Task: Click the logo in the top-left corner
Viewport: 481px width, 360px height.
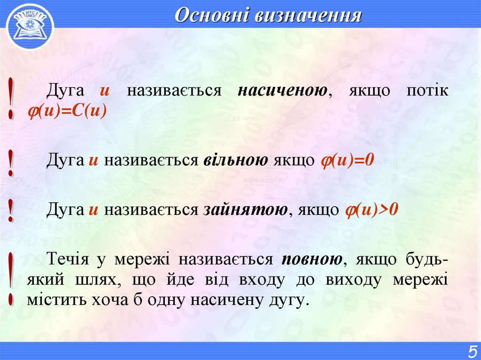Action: tap(30, 26)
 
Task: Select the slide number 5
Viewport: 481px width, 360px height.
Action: tap(471, 351)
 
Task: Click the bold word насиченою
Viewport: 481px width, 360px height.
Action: tap(282, 91)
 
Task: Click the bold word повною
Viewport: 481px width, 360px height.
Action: tap(312, 259)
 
